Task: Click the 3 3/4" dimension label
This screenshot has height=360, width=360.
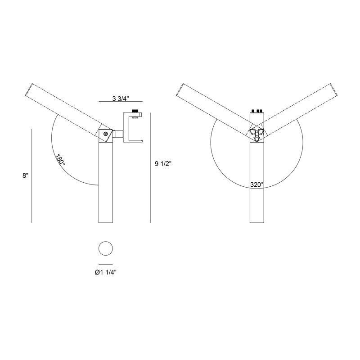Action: (121, 99)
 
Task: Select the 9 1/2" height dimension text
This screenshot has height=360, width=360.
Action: (163, 164)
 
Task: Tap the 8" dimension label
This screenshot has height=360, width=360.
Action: (26, 175)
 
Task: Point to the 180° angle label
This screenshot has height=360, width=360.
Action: (60, 159)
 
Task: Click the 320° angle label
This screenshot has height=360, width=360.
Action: (257, 184)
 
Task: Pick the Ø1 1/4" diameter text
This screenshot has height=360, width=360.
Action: (106, 273)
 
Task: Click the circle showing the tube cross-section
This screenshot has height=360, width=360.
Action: (106, 248)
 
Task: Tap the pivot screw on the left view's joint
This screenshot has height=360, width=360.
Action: (106, 134)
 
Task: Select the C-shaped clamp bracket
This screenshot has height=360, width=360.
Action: (133, 127)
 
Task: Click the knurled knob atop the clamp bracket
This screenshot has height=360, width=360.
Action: (135, 111)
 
